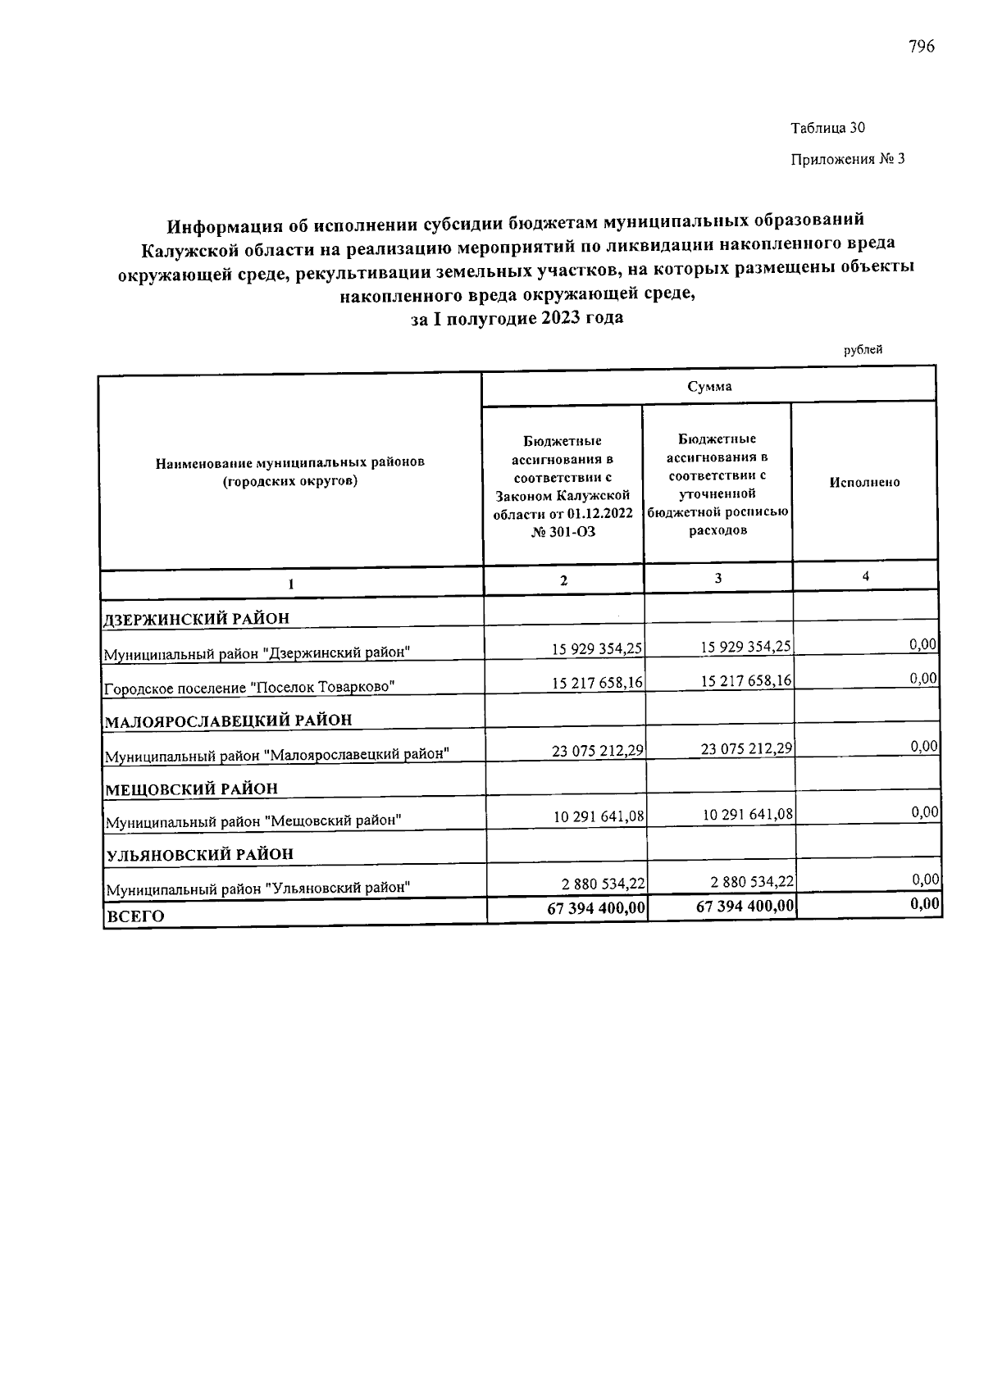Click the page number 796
click(x=921, y=47)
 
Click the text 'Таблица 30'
click(x=827, y=128)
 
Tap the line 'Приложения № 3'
click(x=847, y=159)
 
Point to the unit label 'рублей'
click(x=863, y=350)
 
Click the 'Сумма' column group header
click(x=709, y=386)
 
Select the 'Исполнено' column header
click(x=864, y=482)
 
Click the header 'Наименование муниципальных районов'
click(x=290, y=462)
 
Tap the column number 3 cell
click(x=717, y=577)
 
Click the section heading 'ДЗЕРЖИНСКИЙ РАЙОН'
click(x=197, y=618)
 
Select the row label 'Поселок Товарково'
click(x=249, y=687)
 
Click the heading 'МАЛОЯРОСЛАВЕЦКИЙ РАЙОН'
click(x=229, y=721)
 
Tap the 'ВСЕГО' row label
click(x=135, y=916)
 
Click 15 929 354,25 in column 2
click(x=597, y=648)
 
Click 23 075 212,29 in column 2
click(x=597, y=750)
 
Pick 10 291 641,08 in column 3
click(x=748, y=815)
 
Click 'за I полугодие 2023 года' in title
click(x=517, y=317)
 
